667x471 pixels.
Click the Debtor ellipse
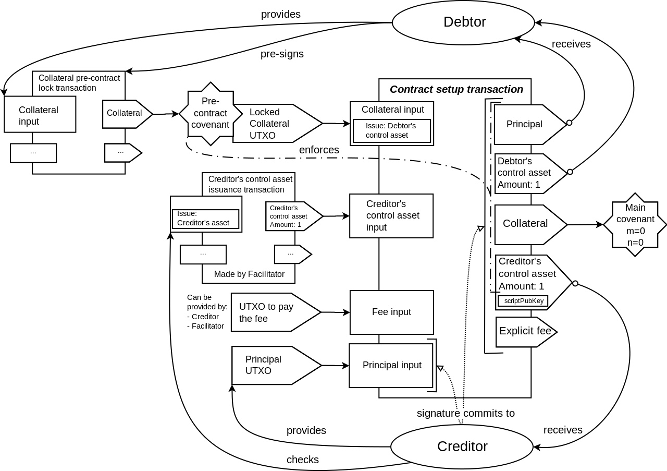(463, 22)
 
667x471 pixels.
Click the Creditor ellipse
(462, 446)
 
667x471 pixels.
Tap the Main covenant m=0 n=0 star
(635, 225)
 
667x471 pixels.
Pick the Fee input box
(391, 312)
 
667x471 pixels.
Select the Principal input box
(391, 365)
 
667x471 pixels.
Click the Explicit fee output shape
(525, 331)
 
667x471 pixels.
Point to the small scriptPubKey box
(524, 301)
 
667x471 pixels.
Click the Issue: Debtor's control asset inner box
(391, 131)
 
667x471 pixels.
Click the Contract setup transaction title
(456, 89)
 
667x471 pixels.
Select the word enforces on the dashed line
(319, 150)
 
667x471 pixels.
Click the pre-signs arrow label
(282, 54)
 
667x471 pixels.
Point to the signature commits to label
(465, 413)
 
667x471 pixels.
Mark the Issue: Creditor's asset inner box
(205, 219)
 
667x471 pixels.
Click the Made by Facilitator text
(249, 274)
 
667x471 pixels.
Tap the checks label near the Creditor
(302, 460)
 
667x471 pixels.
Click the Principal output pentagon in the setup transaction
(525, 124)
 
